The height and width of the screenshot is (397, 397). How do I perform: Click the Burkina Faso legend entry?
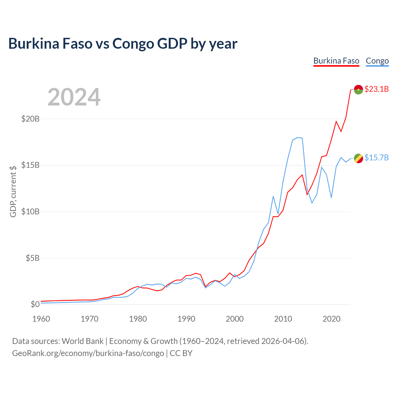(x=336, y=61)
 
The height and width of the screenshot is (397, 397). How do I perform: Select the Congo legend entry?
(x=377, y=61)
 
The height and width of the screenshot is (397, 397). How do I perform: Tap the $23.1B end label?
(x=377, y=89)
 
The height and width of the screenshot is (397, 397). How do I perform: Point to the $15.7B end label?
(x=377, y=157)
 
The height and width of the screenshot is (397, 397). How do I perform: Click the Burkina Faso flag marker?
(x=358, y=90)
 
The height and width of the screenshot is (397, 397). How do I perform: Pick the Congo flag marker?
(x=358, y=158)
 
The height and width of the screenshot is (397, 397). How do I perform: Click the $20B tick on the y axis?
(x=30, y=119)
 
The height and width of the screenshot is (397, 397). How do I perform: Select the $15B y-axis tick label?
(x=30, y=165)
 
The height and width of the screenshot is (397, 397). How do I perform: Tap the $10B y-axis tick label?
(x=30, y=212)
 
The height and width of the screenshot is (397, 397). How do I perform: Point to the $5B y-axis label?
(x=33, y=258)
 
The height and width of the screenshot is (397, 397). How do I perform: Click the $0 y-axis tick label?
(x=35, y=304)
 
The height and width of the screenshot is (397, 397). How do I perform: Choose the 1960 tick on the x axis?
(x=41, y=319)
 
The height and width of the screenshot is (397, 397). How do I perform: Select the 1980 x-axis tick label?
(x=138, y=319)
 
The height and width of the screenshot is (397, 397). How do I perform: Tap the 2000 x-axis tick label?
(x=235, y=319)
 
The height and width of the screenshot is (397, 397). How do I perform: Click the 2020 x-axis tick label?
(x=331, y=319)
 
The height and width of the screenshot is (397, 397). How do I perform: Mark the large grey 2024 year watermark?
(x=74, y=97)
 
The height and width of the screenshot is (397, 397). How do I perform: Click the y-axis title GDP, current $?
(x=13, y=191)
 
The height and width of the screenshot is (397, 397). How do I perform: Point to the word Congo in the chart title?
(x=133, y=44)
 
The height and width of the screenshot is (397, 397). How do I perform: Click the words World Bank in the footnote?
(x=83, y=341)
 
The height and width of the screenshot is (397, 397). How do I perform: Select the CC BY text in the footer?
(x=181, y=353)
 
